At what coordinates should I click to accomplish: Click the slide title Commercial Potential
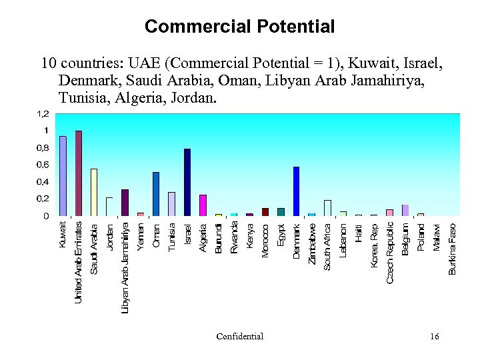click(x=239, y=27)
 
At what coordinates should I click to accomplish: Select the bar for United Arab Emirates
click(x=79, y=173)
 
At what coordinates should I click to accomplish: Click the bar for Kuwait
click(x=63, y=176)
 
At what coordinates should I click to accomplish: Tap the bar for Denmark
click(x=296, y=191)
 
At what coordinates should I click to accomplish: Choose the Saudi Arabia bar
click(x=94, y=193)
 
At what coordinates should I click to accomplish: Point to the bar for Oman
click(x=156, y=194)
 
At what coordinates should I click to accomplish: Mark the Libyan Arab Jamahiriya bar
click(x=125, y=203)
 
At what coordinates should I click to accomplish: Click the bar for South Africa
click(x=327, y=208)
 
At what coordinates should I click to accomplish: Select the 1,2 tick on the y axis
click(x=41, y=114)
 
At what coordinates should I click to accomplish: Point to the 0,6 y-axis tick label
click(x=41, y=165)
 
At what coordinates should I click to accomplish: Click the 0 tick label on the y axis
click(x=45, y=216)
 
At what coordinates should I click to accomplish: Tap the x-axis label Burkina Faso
click(x=453, y=248)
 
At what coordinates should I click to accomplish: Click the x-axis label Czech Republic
click(x=390, y=252)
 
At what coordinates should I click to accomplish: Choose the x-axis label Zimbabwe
click(x=312, y=243)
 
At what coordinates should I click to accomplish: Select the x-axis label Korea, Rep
click(x=375, y=245)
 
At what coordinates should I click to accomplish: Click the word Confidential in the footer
click(x=240, y=337)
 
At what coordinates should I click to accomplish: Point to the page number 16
click(x=435, y=337)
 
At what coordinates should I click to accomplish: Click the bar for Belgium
click(x=405, y=210)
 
